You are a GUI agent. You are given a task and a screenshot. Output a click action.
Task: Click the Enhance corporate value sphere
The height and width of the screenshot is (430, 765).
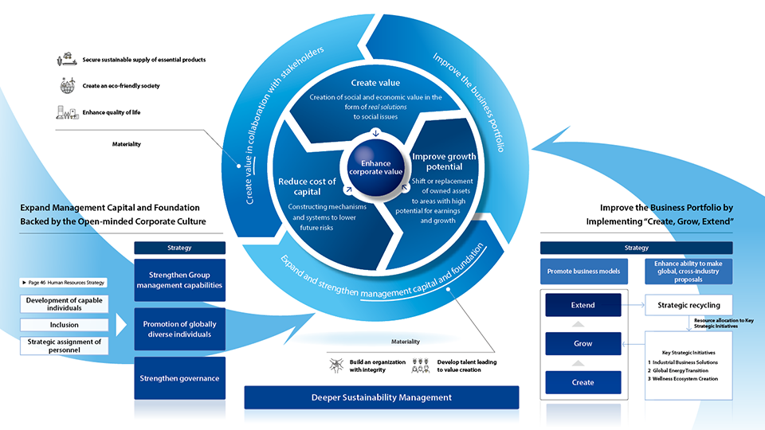click(x=375, y=168)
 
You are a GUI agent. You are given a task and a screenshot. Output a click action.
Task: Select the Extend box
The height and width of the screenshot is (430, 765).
click(x=583, y=305)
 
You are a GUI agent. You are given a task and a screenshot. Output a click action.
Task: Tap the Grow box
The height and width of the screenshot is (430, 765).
click(x=583, y=344)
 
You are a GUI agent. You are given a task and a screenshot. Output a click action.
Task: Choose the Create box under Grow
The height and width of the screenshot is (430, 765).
click(x=583, y=383)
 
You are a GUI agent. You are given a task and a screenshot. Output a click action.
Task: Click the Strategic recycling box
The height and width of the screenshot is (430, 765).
click(x=688, y=305)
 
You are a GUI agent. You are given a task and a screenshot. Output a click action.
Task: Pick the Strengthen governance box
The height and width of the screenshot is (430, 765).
click(x=179, y=378)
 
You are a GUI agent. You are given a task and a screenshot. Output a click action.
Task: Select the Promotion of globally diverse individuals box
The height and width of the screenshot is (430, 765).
click(x=179, y=329)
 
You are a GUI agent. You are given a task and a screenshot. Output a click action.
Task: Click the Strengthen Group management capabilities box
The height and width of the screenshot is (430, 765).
click(x=179, y=279)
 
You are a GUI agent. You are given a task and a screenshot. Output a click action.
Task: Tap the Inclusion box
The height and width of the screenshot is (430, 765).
click(x=64, y=325)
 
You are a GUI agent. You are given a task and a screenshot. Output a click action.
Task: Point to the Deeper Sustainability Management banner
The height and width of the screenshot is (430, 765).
click(x=382, y=397)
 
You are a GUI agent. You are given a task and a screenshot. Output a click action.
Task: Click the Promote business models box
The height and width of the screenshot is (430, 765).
click(x=583, y=271)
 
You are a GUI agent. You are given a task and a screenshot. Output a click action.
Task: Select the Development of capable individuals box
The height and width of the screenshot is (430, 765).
click(x=64, y=303)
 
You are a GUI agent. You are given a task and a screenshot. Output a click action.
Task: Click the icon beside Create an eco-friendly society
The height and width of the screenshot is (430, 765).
click(x=67, y=85)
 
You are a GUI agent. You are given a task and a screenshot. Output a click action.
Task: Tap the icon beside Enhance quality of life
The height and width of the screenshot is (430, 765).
click(x=67, y=112)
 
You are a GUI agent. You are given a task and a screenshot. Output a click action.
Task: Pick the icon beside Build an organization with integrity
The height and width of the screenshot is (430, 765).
click(x=336, y=365)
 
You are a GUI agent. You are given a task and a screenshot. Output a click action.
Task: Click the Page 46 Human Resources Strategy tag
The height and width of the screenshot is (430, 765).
click(x=64, y=282)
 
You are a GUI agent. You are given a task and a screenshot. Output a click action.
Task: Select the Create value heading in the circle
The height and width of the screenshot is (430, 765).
click(x=375, y=83)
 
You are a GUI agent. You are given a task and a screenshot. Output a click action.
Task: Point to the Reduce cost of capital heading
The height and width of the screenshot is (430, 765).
click(x=307, y=186)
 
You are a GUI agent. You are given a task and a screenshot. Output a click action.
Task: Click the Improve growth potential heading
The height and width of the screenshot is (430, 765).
click(x=444, y=162)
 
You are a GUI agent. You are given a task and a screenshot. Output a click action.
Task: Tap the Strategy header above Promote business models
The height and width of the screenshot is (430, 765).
click(x=636, y=248)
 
